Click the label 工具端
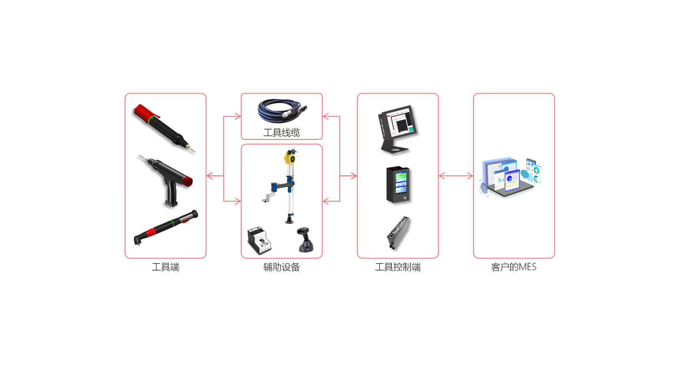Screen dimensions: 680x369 coord(166,267)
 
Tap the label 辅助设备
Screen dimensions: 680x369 coord(281,267)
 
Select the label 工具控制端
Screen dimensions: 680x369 coord(398,267)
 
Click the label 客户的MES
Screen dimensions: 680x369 coord(514,267)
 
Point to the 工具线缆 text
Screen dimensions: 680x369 coord(281,132)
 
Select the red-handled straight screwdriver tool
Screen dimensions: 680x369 coord(165,128)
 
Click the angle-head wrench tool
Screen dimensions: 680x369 coord(166,227)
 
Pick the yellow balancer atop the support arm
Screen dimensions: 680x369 coord(290,158)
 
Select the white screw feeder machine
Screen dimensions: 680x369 coord(259,240)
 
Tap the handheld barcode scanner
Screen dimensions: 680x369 coord(305,240)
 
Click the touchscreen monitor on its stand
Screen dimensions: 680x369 coord(398,129)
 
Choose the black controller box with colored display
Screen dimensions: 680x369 coord(398,184)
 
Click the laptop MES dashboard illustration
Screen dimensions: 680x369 coord(511,177)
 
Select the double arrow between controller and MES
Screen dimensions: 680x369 coord(456,176)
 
